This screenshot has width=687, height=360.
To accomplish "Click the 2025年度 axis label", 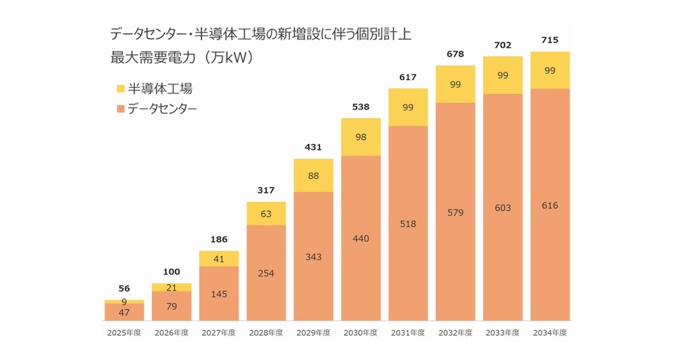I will [x=124, y=333].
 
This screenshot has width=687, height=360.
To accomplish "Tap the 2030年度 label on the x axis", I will [x=361, y=333].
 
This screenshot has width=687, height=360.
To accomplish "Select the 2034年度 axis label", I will [x=550, y=333].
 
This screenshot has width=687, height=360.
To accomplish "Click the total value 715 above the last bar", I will [x=550, y=40].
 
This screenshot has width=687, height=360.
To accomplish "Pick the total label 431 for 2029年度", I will [x=313, y=146].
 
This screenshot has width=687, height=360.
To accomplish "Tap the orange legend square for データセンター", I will [x=119, y=108].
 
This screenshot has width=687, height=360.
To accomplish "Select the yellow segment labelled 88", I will [x=313, y=175].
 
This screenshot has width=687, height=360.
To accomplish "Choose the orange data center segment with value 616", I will [x=550, y=205].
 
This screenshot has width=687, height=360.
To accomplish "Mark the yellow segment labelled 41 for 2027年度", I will [x=219, y=259].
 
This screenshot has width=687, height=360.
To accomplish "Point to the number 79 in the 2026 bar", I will [x=171, y=305].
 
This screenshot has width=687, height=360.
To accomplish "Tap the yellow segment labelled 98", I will [x=361, y=137].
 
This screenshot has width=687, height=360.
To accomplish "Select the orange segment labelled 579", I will [x=455, y=212].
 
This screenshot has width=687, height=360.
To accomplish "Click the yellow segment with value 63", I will [x=266, y=214].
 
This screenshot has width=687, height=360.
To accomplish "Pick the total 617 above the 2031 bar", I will [x=408, y=77].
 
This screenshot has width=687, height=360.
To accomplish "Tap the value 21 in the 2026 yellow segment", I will [x=171, y=287].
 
